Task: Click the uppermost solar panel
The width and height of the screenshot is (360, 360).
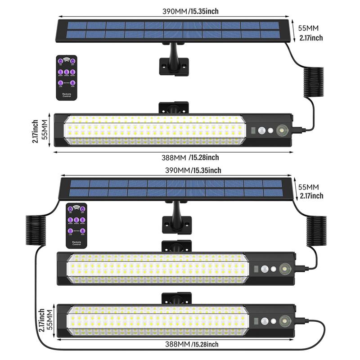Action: tap(173, 30)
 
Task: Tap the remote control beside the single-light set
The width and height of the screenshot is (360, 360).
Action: tap(67, 77)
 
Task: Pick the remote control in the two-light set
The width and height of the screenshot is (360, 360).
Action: tap(76, 225)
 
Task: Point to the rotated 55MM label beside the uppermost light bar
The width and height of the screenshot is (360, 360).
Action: tap(44, 130)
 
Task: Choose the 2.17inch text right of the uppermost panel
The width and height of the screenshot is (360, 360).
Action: tap(311, 38)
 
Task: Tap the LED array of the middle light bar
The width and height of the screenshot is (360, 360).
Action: tap(157, 269)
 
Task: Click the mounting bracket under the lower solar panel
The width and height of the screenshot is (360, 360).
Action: tap(176, 220)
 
